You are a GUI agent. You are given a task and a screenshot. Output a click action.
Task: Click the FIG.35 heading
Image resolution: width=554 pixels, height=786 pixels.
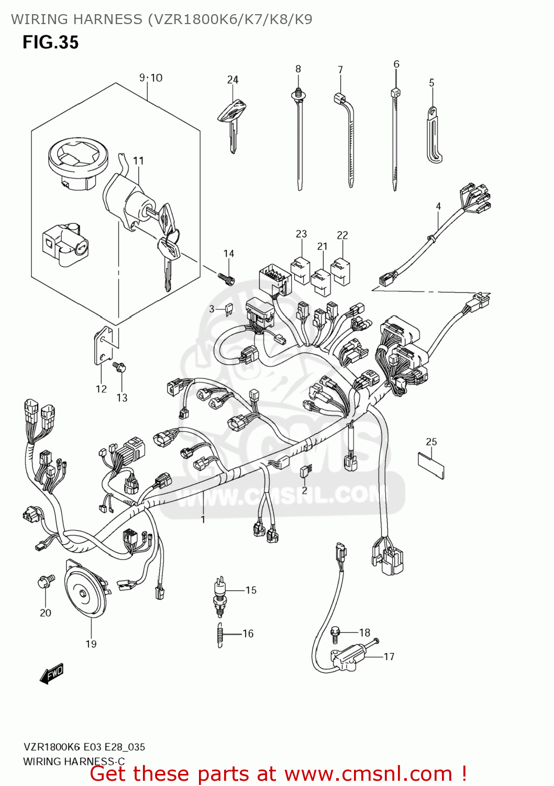tap(50, 42)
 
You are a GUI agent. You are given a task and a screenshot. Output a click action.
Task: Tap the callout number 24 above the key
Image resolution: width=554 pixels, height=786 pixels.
tap(232, 80)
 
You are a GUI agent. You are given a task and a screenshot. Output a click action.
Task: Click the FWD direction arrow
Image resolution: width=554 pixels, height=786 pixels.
tap(52, 674)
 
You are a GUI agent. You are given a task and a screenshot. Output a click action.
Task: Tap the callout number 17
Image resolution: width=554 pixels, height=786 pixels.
tap(389, 657)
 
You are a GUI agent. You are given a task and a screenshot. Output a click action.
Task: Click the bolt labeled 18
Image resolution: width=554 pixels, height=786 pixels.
tap(335, 634)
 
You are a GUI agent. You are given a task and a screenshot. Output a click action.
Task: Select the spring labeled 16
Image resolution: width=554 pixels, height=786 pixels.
tap(220, 634)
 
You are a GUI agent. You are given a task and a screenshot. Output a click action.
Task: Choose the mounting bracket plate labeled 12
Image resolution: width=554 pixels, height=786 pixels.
tap(104, 345)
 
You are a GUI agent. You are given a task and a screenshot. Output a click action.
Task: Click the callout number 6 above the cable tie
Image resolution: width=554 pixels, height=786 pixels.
tap(396, 64)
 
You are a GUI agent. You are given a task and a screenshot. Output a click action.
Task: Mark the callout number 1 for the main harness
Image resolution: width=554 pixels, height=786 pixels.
tap(203, 519)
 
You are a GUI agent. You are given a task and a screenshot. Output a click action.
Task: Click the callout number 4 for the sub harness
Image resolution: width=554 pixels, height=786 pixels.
tap(438, 206)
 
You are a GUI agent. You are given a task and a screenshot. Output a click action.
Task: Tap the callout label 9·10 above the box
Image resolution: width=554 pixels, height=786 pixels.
tap(151, 78)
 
